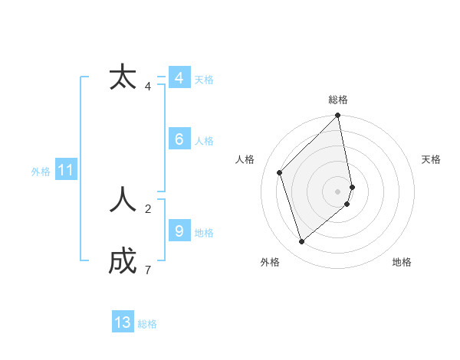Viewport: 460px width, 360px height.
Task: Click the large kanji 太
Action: point(123,78)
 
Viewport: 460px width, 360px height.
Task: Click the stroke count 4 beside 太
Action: point(148,87)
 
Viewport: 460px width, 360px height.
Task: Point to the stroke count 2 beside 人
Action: point(148,208)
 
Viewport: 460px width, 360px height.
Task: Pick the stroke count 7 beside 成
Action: point(148,270)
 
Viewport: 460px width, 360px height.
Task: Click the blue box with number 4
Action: point(179,78)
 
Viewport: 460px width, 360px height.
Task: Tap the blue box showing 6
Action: point(179,139)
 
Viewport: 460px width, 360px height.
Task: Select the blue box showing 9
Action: point(179,231)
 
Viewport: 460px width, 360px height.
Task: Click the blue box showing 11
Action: point(65,170)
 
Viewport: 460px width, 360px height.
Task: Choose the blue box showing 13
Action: point(123,322)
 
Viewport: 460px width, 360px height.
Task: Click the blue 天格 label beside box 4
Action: point(204,80)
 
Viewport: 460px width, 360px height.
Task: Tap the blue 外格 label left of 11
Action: point(41,172)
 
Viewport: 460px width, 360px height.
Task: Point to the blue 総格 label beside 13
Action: point(147,324)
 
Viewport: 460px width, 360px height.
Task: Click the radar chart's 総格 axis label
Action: point(338,100)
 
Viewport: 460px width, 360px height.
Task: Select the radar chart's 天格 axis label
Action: point(431,159)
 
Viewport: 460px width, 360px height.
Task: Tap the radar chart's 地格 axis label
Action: point(402,262)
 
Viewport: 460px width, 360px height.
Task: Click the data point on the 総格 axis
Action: point(338,116)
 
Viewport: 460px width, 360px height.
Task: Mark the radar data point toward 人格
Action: point(280,172)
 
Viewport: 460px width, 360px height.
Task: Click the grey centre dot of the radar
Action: point(338,191)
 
